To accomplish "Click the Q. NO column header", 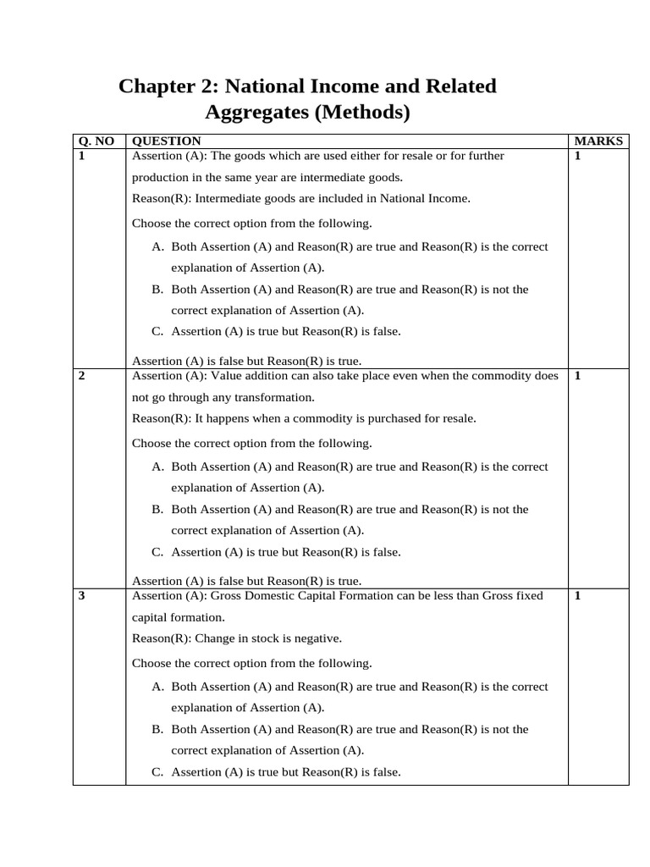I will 96,141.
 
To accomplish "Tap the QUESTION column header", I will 167,141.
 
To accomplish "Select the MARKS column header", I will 598,141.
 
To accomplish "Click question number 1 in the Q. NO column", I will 81,156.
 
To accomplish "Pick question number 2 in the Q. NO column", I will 81,376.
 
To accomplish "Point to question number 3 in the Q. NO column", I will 81,596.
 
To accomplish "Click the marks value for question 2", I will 577,376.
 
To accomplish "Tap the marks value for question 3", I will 577,596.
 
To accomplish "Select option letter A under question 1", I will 157,247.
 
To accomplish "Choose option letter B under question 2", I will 157,510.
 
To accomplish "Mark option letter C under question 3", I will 157,772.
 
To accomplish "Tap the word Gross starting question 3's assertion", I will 228,596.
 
